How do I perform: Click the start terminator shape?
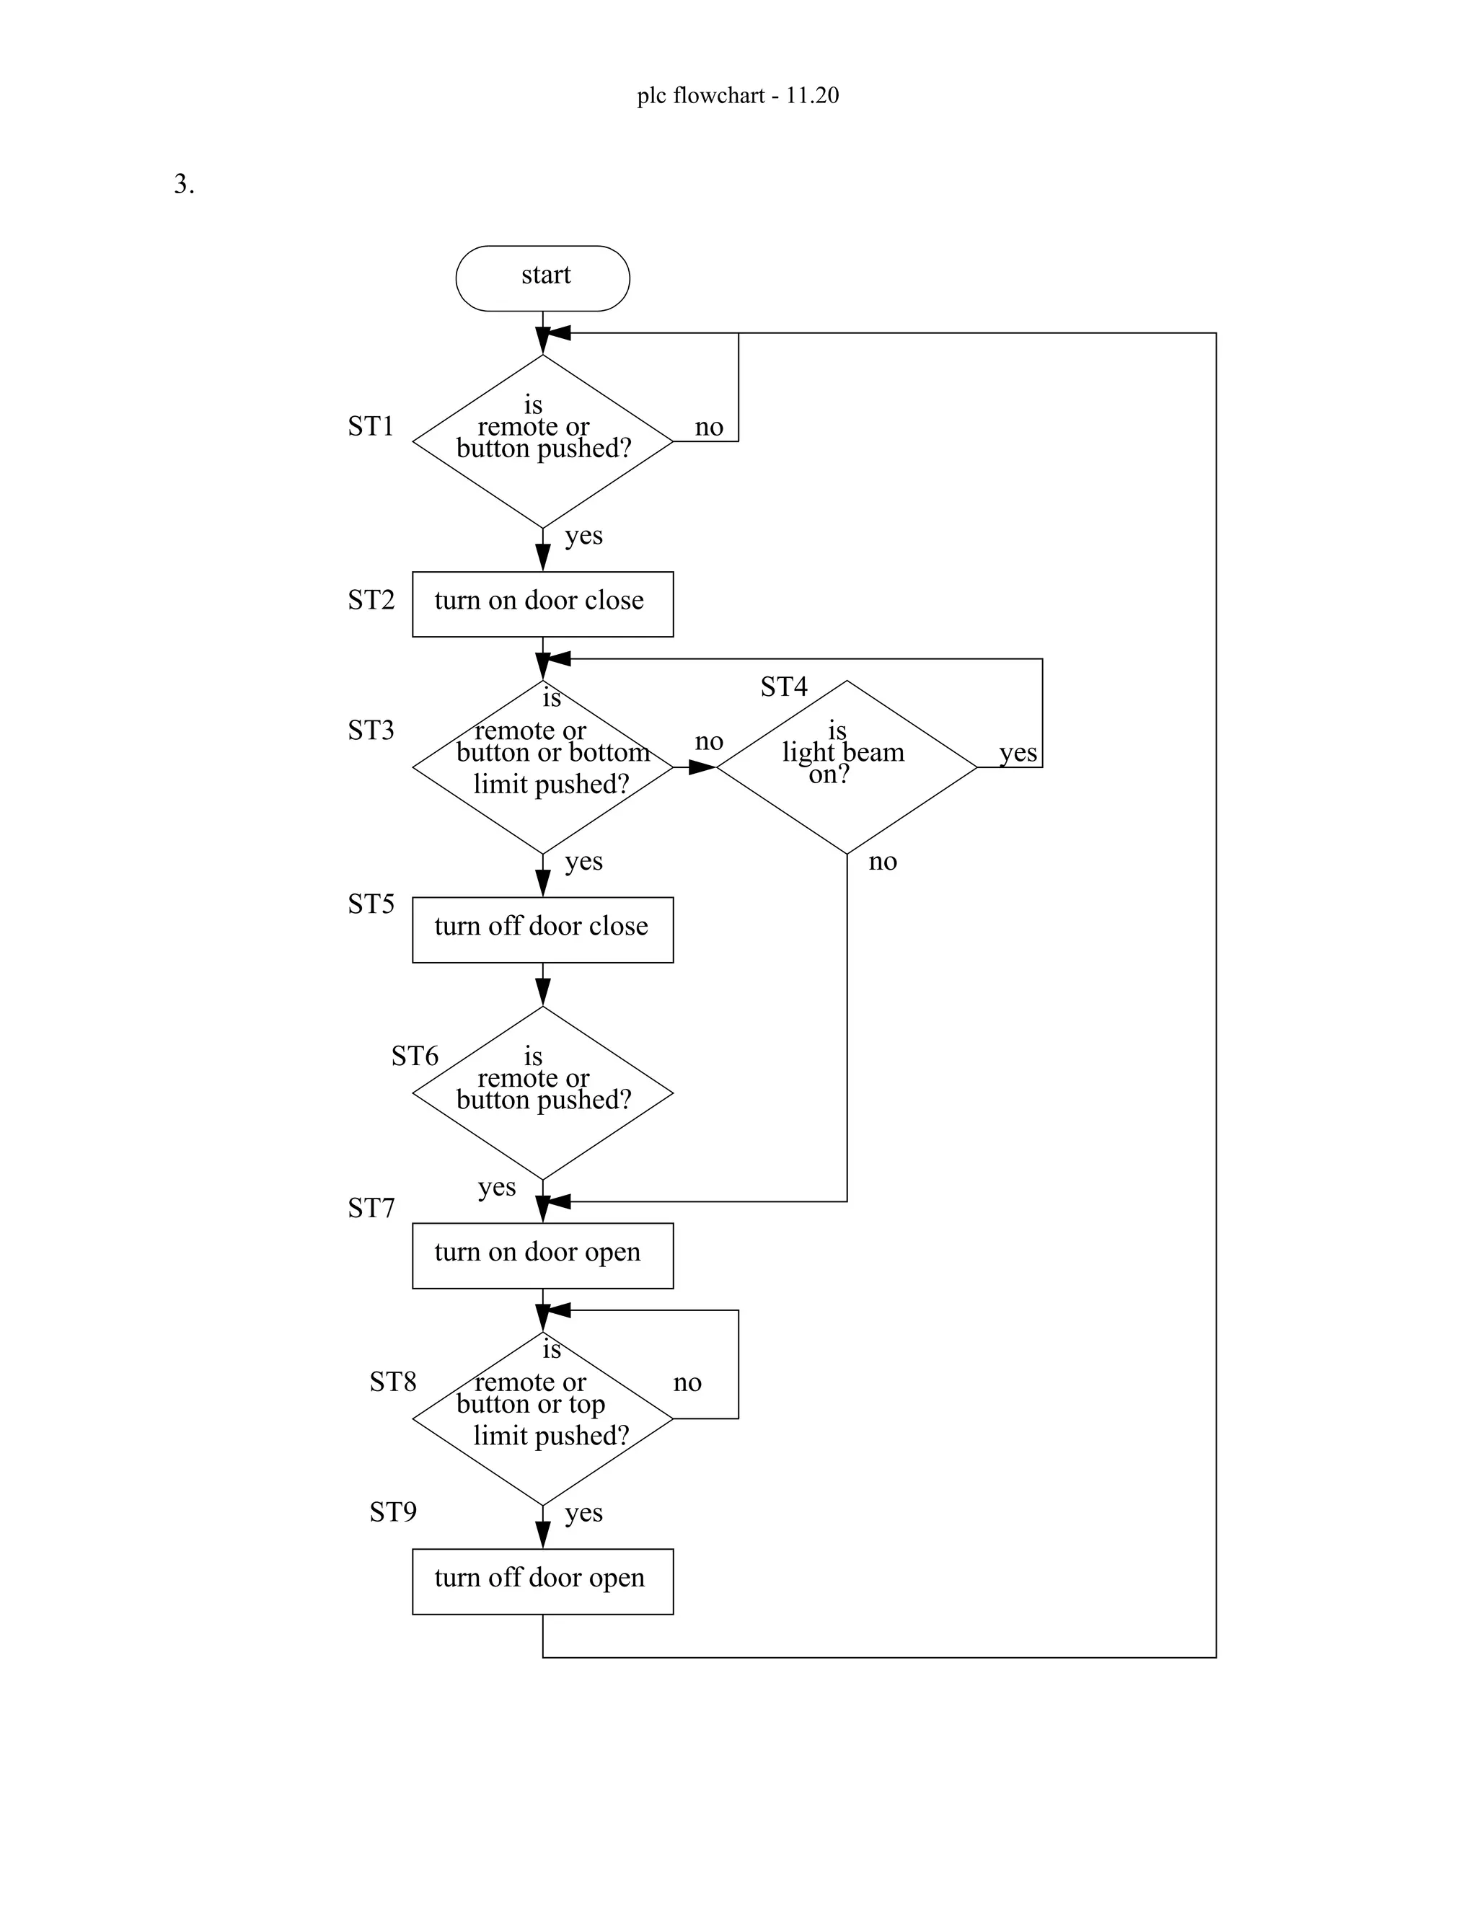coord(542,278)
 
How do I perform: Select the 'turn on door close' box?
coord(542,604)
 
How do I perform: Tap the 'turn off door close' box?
coord(542,930)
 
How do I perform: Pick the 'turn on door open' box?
coord(542,1255)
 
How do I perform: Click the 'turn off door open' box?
coord(542,1581)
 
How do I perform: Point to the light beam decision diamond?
coord(846,767)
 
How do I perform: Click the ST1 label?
coord(371,426)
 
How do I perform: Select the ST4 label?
coord(783,687)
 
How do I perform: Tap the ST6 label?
coord(415,1056)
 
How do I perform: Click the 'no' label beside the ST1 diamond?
coord(709,427)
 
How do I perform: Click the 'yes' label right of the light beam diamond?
coord(1018,752)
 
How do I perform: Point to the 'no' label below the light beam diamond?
coord(882,862)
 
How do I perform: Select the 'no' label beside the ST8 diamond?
coord(687,1382)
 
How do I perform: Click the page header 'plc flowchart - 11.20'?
coord(738,95)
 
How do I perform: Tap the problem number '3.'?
coord(184,185)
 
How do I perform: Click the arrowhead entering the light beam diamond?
coord(703,767)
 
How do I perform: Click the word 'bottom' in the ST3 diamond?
coord(609,752)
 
